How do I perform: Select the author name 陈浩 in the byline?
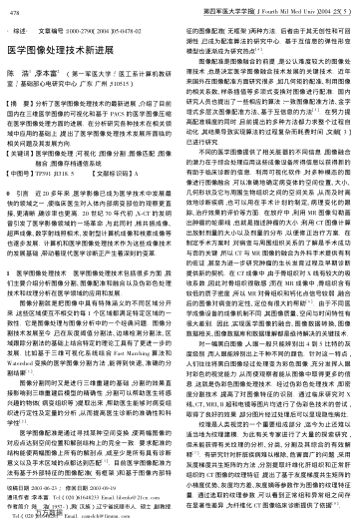[x=18, y=74]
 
